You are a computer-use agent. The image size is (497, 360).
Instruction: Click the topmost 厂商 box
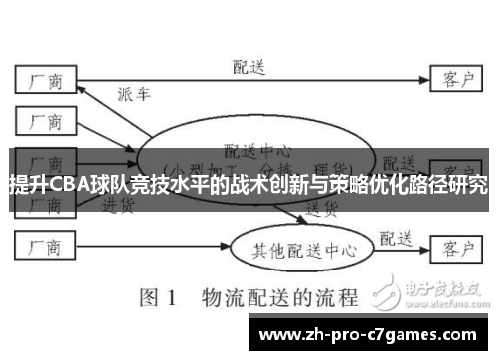coord(45,79)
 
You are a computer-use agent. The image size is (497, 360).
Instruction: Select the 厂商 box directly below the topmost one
coord(45,121)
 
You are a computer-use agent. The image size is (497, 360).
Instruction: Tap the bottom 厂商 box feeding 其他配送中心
coord(45,244)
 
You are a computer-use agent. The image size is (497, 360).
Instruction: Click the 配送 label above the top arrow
coord(249,67)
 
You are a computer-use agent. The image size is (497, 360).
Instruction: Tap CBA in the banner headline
coord(61,185)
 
